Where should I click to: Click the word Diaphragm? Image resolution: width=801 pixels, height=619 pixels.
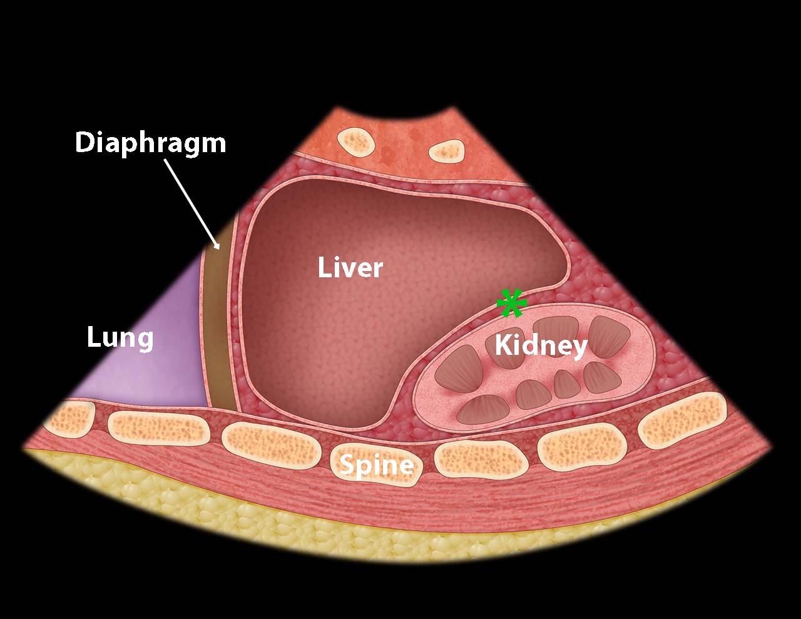coord(150,143)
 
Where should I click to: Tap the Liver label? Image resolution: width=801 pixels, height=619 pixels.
coord(350,268)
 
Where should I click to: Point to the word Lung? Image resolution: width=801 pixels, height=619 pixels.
coord(120,339)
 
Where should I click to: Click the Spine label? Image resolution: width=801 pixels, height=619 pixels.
coord(376,465)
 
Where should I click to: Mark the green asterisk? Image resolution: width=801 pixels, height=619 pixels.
coord(511,303)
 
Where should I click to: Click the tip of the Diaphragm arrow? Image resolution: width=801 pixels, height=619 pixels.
coord(220,250)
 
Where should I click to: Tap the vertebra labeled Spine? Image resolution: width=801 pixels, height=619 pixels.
coord(375,465)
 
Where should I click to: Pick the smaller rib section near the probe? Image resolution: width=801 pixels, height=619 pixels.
coord(446,151)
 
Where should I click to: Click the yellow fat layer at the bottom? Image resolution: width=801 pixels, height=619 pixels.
coord(369,531)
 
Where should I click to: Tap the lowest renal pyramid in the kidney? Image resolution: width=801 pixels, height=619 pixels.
coord(483,409)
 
